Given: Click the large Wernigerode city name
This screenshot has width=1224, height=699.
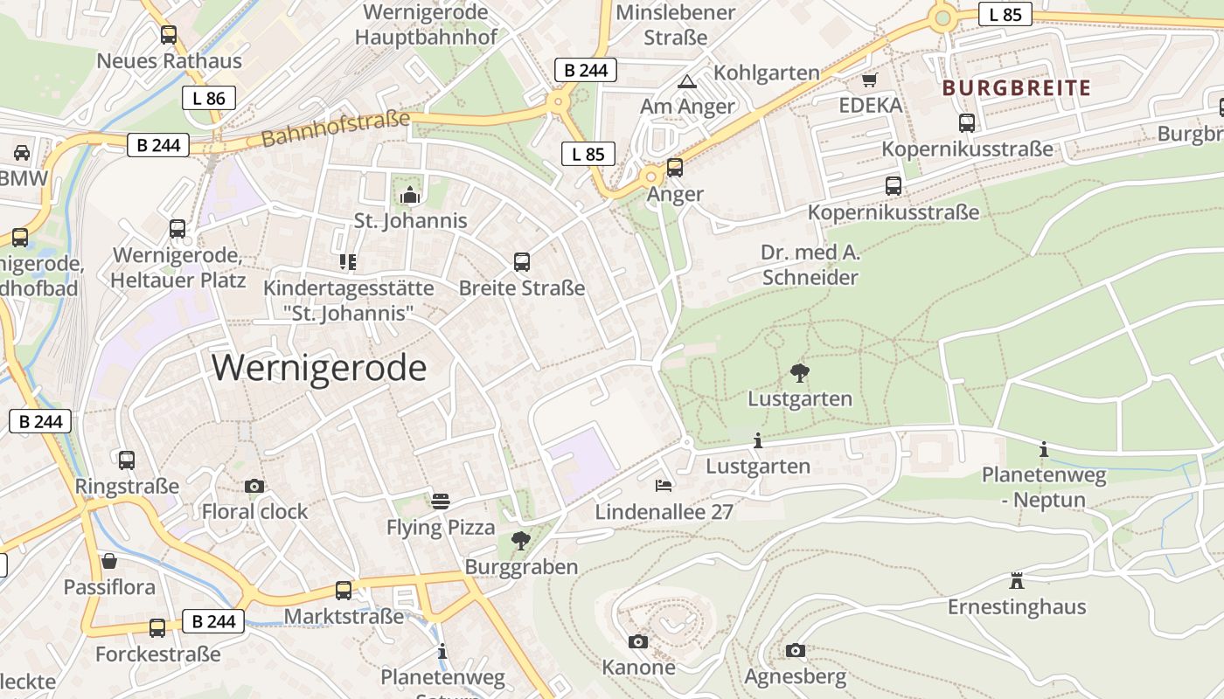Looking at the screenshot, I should (x=319, y=368).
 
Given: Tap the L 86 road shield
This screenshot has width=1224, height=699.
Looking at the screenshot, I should (x=209, y=98).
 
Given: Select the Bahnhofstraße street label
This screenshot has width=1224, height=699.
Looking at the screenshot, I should (x=335, y=128).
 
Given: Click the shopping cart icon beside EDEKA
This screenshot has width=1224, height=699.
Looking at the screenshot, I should (x=869, y=80).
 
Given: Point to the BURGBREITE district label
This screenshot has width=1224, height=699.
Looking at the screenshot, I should (x=1017, y=87).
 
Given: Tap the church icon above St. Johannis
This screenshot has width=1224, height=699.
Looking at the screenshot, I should (x=410, y=195).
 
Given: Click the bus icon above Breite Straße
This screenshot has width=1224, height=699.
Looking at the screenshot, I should (x=522, y=261).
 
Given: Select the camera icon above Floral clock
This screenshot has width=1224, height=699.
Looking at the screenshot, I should (x=254, y=486).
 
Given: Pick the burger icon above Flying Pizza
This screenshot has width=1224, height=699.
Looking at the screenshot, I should (x=441, y=502).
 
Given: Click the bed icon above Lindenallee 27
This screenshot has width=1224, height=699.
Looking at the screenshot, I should (x=664, y=485).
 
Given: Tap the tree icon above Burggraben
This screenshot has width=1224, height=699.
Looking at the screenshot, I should (x=521, y=540).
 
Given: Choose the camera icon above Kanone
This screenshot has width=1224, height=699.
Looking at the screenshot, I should (x=638, y=641).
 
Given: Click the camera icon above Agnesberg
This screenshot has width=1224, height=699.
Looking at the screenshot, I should (x=795, y=650).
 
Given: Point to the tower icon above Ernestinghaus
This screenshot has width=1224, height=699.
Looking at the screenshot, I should (x=1016, y=580).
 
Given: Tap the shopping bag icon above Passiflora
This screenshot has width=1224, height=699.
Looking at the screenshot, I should (x=109, y=560).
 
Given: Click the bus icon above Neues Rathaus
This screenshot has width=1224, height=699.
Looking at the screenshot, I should (x=169, y=35).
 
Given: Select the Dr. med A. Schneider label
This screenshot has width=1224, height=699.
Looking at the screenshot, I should (x=810, y=266).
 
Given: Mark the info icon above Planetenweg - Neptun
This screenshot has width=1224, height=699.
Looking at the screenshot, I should (x=1043, y=449).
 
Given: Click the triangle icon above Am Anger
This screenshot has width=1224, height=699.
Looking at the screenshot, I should (x=687, y=81).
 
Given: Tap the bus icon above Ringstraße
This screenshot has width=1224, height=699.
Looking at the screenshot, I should (x=127, y=460).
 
